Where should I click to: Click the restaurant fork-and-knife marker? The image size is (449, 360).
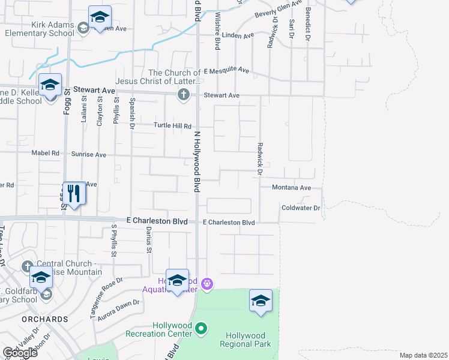pyautogui.click(x=74, y=193)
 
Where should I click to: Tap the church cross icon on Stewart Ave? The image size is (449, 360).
pyautogui.click(x=184, y=95)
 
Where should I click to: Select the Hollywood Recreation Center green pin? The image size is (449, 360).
pyautogui.click(x=202, y=329)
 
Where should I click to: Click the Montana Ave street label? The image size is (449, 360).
pyautogui.click(x=291, y=188)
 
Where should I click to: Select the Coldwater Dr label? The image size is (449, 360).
pyautogui.click(x=301, y=208)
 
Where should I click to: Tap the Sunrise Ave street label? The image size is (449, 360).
pyautogui.click(x=89, y=154)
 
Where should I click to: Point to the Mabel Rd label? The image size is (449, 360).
pyautogui.click(x=46, y=153)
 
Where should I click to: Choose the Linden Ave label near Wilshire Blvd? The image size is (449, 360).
pyautogui.click(x=238, y=36)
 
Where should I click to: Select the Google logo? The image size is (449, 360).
pyautogui.click(x=20, y=353)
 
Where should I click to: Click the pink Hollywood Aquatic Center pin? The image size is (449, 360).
pyautogui.click(x=207, y=283)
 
